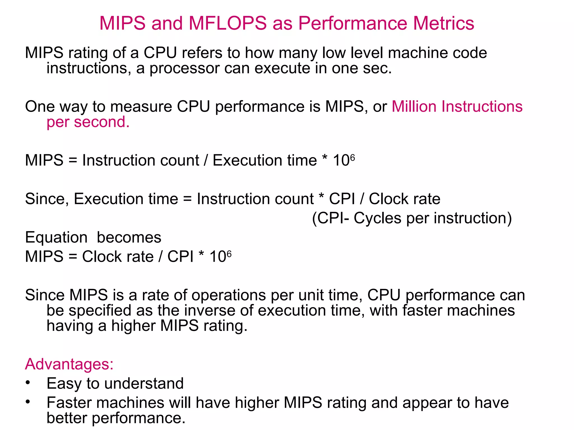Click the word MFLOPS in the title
228,23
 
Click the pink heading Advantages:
69,364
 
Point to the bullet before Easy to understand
27,383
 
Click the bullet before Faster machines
27,402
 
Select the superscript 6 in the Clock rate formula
229,253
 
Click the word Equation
56,237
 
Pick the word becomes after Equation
129,237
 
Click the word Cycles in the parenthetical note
377,218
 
